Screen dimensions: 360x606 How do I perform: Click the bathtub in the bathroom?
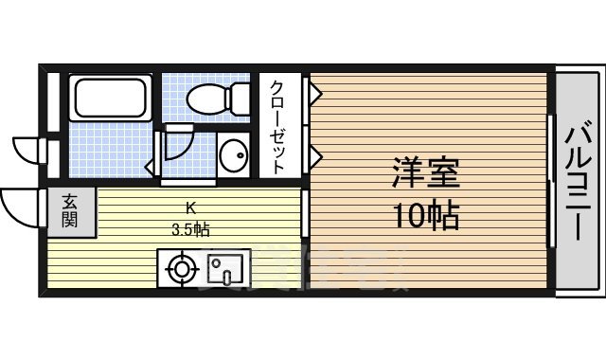pyautogui.click(x=110, y=99)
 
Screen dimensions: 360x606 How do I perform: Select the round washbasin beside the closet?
pyautogui.click(x=232, y=153)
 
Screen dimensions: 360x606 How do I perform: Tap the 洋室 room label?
pyautogui.click(x=426, y=176)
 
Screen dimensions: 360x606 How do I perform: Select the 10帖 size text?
pyautogui.click(x=426, y=217)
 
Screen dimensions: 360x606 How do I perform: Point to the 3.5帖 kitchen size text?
pyautogui.click(x=190, y=228)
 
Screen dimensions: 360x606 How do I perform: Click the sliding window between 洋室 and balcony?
pyautogui.click(x=551, y=180)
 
